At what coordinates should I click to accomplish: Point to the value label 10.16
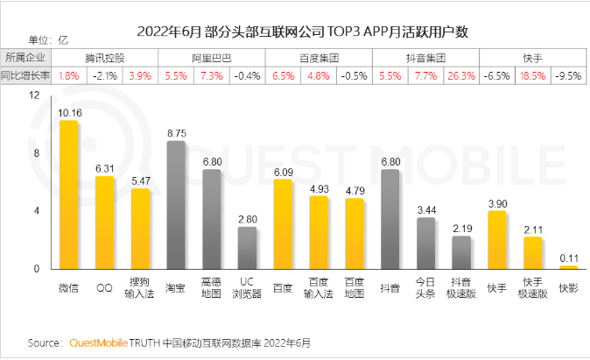(x=68, y=112)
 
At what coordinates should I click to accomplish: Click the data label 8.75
(x=176, y=132)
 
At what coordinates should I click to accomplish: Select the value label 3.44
(x=425, y=210)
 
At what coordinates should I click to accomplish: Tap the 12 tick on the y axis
(x=36, y=95)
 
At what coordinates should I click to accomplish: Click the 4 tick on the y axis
(x=36, y=211)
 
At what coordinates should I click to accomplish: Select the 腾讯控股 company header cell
(x=104, y=58)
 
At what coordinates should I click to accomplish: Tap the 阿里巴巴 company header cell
(x=212, y=58)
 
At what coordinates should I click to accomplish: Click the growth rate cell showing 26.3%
(x=460, y=75)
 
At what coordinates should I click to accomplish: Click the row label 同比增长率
(x=25, y=75)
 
